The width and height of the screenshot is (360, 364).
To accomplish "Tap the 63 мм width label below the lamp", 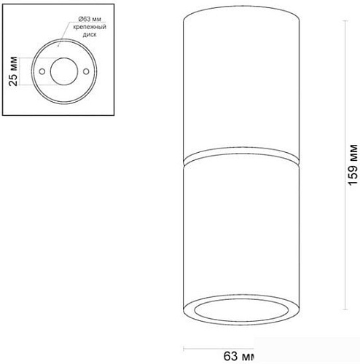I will click(238, 355).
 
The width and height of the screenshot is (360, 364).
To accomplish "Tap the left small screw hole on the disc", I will click(43, 71).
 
